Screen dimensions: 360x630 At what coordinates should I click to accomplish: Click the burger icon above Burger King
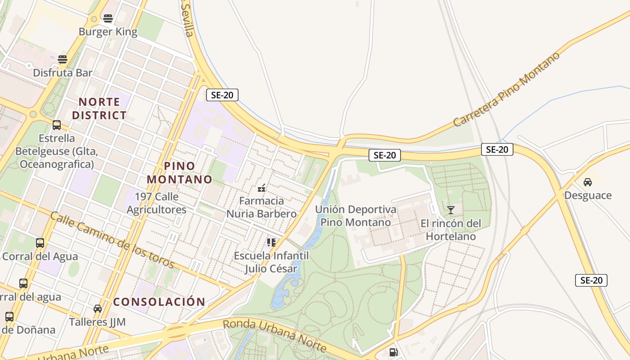click(108, 18)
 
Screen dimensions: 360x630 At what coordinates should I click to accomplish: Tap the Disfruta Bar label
click(63, 72)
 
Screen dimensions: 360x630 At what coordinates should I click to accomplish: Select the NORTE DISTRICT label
click(99, 108)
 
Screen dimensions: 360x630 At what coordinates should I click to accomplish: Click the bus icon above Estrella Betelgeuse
click(57, 125)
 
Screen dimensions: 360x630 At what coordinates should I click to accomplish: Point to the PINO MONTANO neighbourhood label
click(179, 173)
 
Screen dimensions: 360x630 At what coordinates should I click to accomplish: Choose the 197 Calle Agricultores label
click(156, 203)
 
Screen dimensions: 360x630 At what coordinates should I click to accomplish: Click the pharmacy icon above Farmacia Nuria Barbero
click(261, 188)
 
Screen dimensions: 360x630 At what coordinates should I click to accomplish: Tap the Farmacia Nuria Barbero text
click(261, 207)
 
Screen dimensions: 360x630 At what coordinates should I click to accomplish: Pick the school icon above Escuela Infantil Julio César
click(271, 243)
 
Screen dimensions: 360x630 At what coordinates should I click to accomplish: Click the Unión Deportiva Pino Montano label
click(355, 216)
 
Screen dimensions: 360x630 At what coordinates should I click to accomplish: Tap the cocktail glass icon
click(450, 210)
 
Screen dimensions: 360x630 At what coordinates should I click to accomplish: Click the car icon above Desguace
click(587, 182)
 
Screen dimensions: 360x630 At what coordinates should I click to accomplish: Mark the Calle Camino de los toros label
click(112, 239)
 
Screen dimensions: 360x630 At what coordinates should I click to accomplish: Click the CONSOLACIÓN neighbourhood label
click(159, 301)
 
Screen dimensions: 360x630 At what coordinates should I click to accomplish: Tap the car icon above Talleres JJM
click(98, 309)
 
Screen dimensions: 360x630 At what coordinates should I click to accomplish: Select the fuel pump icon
click(393, 352)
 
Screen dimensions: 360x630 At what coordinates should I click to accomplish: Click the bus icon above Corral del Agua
click(40, 243)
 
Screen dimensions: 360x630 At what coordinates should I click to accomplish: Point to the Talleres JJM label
click(97, 322)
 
